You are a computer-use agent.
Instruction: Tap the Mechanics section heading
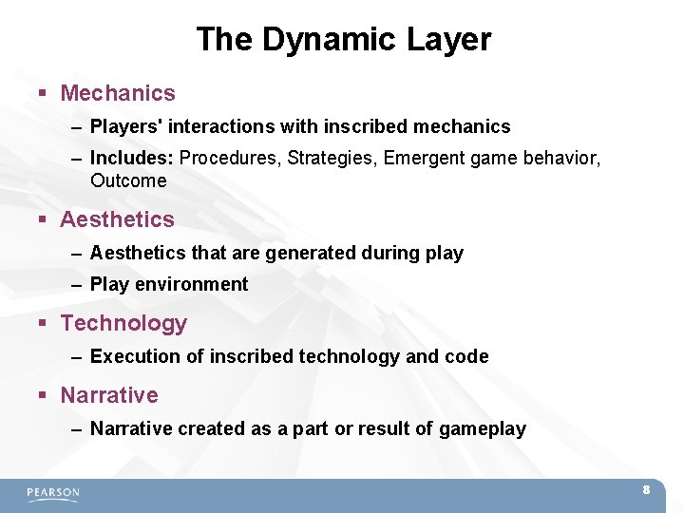(118, 93)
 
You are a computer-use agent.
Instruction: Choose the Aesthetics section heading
(117, 219)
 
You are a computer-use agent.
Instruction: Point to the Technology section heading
(123, 323)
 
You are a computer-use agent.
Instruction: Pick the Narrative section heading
(109, 395)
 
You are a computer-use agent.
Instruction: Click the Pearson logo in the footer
(53, 493)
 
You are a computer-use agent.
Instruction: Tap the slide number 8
(646, 490)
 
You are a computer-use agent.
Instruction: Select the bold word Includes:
(132, 158)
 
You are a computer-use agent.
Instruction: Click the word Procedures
(224, 158)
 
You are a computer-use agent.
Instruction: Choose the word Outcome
(128, 180)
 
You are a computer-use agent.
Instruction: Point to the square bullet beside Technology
(43, 324)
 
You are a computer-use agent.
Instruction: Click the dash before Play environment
(76, 285)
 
